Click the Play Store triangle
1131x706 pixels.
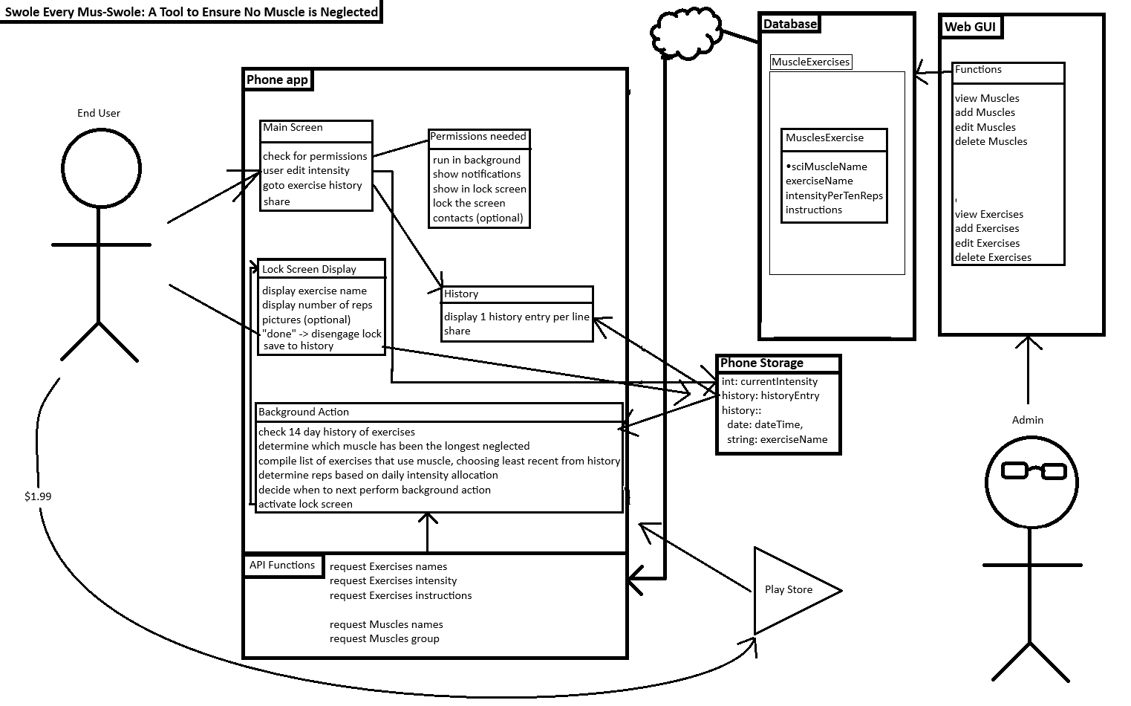coord(789,590)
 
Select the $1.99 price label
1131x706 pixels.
coord(38,496)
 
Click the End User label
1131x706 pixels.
coord(99,113)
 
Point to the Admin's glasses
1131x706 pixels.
coord(1033,470)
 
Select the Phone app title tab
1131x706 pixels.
coord(277,80)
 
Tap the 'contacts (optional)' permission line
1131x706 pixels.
coord(478,218)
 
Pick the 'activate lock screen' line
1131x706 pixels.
coord(305,504)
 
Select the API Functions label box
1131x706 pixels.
coord(283,566)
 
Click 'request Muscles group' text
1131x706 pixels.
coord(385,638)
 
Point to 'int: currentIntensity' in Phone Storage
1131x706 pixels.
coord(769,381)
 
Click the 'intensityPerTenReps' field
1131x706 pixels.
coord(834,195)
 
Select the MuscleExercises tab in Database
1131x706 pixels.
coord(810,62)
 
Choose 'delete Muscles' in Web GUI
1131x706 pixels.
coord(991,141)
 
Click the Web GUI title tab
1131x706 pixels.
coord(969,27)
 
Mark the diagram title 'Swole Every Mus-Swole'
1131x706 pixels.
coord(191,12)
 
